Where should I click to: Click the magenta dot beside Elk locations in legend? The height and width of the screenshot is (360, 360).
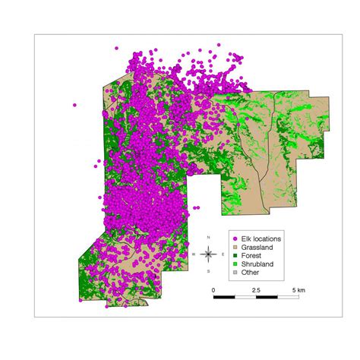(235, 238)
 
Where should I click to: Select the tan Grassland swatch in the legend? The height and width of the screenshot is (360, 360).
(235, 247)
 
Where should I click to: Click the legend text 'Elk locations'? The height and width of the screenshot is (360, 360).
(261, 238)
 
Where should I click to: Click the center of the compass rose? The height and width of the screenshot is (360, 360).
(209, 254)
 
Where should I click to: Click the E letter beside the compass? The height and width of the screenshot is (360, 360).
(223, 254)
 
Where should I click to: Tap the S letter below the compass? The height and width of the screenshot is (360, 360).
(209, 270)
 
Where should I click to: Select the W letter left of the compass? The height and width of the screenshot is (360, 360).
(194, 254)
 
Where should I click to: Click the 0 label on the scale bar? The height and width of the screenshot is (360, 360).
(213, 290)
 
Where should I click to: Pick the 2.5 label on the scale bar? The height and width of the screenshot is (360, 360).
(256, 290)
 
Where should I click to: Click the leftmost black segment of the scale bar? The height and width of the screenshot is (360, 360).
(224, 298)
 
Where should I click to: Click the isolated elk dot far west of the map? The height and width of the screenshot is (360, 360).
(74, 106)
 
